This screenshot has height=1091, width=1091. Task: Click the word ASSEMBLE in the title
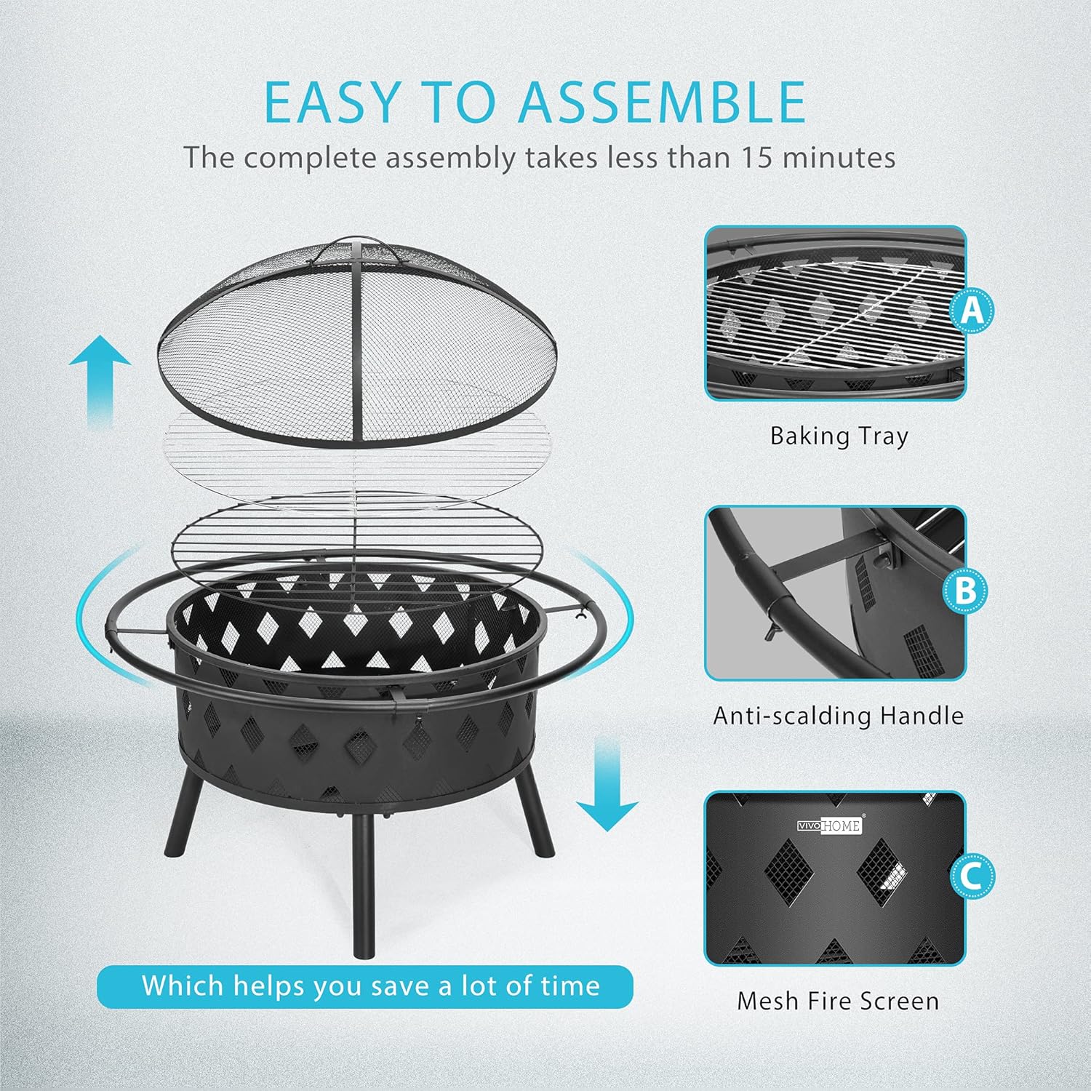coord(662,102)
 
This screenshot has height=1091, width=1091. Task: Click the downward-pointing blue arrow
coord(607,786)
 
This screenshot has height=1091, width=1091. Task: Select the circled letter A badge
coord(972,311)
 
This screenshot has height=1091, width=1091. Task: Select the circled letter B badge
coord(965,590)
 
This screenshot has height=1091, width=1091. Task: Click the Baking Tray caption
coord(839,436)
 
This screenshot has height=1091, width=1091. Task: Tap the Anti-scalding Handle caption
coord(838,716)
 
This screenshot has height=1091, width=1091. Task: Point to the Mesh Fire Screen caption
coord(838,1001)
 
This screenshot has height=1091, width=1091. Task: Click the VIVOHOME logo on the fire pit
coord(829,826)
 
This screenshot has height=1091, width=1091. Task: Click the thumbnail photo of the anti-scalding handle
coord(835,593)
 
